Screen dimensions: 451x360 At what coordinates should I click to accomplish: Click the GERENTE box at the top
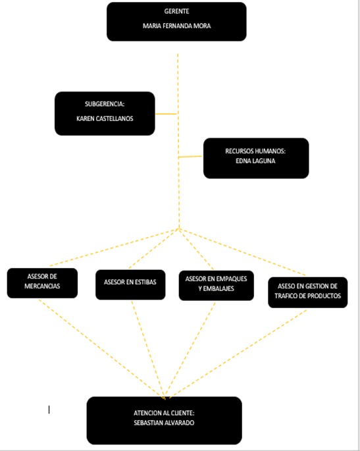tap(176, 21)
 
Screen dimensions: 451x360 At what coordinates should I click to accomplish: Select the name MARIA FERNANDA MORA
tap(176, 26)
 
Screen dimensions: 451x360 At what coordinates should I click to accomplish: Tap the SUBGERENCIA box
tap(105, 113)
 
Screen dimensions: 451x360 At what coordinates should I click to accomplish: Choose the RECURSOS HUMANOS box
tap(255, 158)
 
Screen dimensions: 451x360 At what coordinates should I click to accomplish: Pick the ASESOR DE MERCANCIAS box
tap(42, 284)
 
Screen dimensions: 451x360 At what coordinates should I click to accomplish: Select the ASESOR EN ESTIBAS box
tap(130, 284)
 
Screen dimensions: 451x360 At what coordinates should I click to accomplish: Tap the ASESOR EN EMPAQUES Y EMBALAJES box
tap(217, 284)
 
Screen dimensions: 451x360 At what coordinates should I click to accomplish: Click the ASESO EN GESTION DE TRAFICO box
tap(307, 292)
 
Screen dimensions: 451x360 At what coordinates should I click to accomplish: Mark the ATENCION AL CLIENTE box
tap(164, 420)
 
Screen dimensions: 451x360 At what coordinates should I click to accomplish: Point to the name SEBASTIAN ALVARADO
tap(164, 423)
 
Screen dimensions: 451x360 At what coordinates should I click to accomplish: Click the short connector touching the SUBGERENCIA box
tap(166, 114)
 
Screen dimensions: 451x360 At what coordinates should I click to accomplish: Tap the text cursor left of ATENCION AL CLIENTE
tap(49, 410)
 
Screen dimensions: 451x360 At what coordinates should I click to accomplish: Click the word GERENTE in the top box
tap(176, 12)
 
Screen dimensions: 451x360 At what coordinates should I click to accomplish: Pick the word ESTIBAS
tap(144, 282)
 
